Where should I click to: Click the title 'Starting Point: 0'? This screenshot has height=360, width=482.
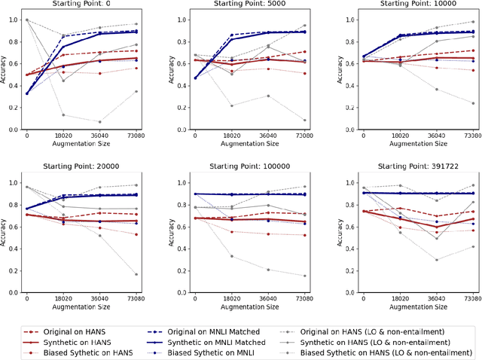coord(82,4)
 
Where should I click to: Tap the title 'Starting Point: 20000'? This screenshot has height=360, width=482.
coord(82,166)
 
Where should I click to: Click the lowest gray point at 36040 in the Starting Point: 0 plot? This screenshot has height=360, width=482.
coord(100,122)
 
